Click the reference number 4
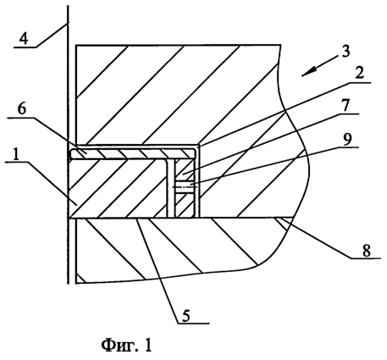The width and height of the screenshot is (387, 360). click(24, 39)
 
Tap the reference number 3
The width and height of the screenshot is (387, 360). click(346, 51)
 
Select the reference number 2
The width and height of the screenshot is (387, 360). click(359, 74)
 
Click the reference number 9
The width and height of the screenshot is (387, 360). click(347, 139)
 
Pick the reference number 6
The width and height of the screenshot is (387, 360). click(22, 110)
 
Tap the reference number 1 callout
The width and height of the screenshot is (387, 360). click(17, 154)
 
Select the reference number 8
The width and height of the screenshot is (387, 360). click(367, 251)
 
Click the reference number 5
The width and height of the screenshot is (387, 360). click(186, 316)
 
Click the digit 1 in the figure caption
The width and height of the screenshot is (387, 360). click(148, 345)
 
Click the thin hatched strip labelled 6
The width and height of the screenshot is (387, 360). click(133, 154)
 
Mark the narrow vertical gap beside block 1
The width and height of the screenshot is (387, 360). click(170, 188)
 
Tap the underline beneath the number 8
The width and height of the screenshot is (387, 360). click(366, 258)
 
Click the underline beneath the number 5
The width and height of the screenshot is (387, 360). click(194, 323)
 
